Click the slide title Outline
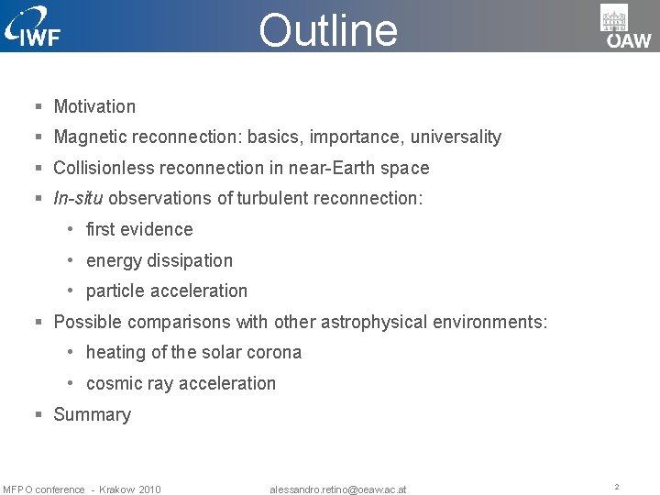pyautogui.click(x=328, y=29)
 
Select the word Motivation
pyautogui.click(x=94, y=106)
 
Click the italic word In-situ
pyautogui.click(x=78, y=199)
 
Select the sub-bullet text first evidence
pyautogui.click(x=139, y=229)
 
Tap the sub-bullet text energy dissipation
pyautogui.click(x=159, y=260)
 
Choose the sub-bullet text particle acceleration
pyautogui.click(x=167, y=291)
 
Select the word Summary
pyautogui.click(x=93, y=414)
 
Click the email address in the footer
pyautogui.click(x=338, y=489)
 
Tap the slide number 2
pyautogui.click(x=617, y=488)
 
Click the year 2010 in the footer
pyautogui.click(x=150, y=489)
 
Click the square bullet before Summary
pyautogui.click(x=39, y=415)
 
